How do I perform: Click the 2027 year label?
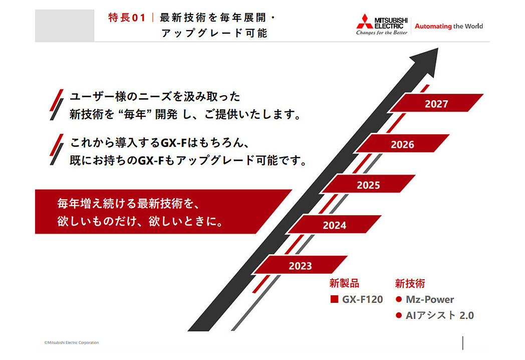(x=436, y=104)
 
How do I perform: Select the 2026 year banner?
(x=402, y=143)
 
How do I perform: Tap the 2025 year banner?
(x=368, y=184)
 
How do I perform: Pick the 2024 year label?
(x=335, y=225)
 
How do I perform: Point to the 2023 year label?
(x=301, y=266)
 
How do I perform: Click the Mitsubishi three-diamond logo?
(x=364, y=21)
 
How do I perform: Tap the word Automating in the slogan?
(x=433, y=26)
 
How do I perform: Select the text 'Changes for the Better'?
(x=382, y=33)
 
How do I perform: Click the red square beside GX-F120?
(x=334, y=299)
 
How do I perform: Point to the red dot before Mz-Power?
(x=398, y=299)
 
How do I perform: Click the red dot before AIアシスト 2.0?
(x=398, y=315)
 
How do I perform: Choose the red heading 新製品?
(x=344, y=283)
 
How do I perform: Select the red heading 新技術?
(x=410, y=283)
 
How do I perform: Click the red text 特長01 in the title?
(x=127, y=18)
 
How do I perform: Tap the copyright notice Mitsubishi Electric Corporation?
(x=72, y=342)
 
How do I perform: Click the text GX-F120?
(x=362, y=299)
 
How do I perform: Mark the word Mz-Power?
(x=430, y=299)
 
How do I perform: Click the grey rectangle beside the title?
(x=65, y=26)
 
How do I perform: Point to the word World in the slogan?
(x=474, y=26)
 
